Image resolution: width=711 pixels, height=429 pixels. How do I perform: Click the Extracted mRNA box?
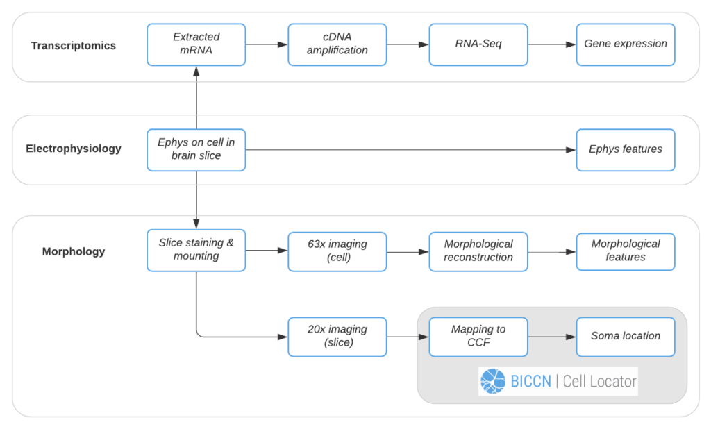pos(196,44)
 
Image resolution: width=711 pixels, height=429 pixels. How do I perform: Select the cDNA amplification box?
pos(337,44)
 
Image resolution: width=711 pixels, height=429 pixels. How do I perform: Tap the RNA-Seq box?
pos(478,44)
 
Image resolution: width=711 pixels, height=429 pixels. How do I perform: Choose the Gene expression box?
pos(626,44)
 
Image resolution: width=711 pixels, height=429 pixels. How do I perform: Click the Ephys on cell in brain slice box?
pos(196,150)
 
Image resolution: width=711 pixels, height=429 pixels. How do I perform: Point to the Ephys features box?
pos(626,150)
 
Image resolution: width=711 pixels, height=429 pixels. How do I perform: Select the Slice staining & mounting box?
pos(196,251)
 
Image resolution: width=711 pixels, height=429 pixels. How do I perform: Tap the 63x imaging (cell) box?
pos(337,252)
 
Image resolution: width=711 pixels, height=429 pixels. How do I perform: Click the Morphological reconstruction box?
pos(478,252)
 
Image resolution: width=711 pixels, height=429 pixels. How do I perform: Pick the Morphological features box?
pos(626,252)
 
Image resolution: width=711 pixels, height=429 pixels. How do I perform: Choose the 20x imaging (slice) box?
pos(337,337)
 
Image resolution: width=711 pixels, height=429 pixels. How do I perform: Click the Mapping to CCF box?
pos(478,337)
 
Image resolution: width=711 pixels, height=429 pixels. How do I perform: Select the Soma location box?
pos(626,337)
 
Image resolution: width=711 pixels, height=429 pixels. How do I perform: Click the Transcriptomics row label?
pos(74,46)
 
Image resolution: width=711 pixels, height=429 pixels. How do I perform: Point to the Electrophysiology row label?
pos(74,149)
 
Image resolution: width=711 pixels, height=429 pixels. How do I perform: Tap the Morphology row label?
pos(74,252)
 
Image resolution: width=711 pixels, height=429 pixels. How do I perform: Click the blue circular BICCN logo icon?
pos(493,381)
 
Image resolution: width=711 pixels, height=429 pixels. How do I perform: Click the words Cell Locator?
pos(599,381)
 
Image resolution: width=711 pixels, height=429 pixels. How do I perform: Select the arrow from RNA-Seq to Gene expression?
pos(552,44)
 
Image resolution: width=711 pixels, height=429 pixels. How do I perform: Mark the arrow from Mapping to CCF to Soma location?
pos(552,337)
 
